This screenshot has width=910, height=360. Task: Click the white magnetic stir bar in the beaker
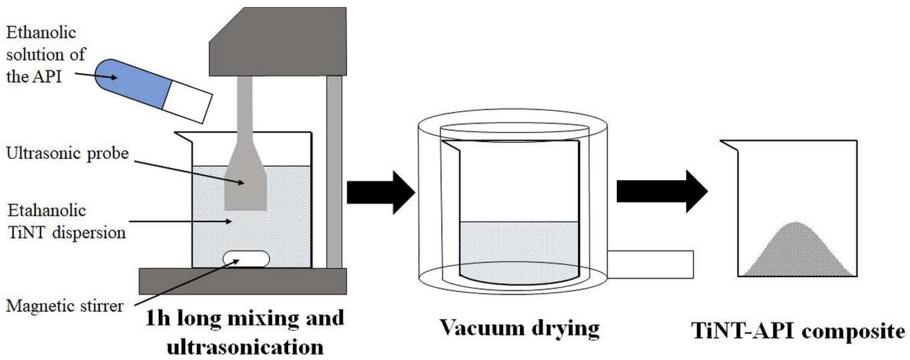pyautogui.click(x=246, y=259)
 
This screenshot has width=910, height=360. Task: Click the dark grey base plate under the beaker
pyautogui.click(x=243, y=281)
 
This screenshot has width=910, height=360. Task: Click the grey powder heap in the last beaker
pyautogui.click(x=797, y=254)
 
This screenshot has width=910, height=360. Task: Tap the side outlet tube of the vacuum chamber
pyautogui.click(x=650, y=264)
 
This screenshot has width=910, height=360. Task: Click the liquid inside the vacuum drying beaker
pyautogui.click(x=519, y=247)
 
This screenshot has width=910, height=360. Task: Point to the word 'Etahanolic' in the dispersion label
pyautogui.click(x=47, y=211)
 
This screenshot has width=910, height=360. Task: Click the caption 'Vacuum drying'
pyautogui.click(x=519, y=329)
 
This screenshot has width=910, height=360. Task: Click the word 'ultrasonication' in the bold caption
pyautogui.click(x=245, y=347)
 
